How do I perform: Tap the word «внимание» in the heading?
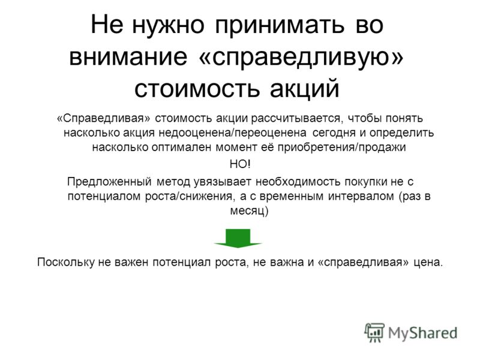[x=128, y=56]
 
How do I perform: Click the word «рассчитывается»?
[x=296, y=118]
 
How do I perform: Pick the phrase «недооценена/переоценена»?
[x=232, y=133]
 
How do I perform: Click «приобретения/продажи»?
[x=341, y=148]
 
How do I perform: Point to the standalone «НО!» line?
[x=240, y=164]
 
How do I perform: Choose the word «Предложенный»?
[x=109, y=182]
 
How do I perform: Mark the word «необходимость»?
[x=298, y=182]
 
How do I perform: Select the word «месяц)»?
[x=249, y=211]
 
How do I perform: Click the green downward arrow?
[x=238, y=238]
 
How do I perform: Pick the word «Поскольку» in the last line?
[x=66, y=262]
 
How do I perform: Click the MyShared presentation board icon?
[x=374, y=332]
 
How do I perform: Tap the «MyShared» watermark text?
[x=423, y=334]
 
